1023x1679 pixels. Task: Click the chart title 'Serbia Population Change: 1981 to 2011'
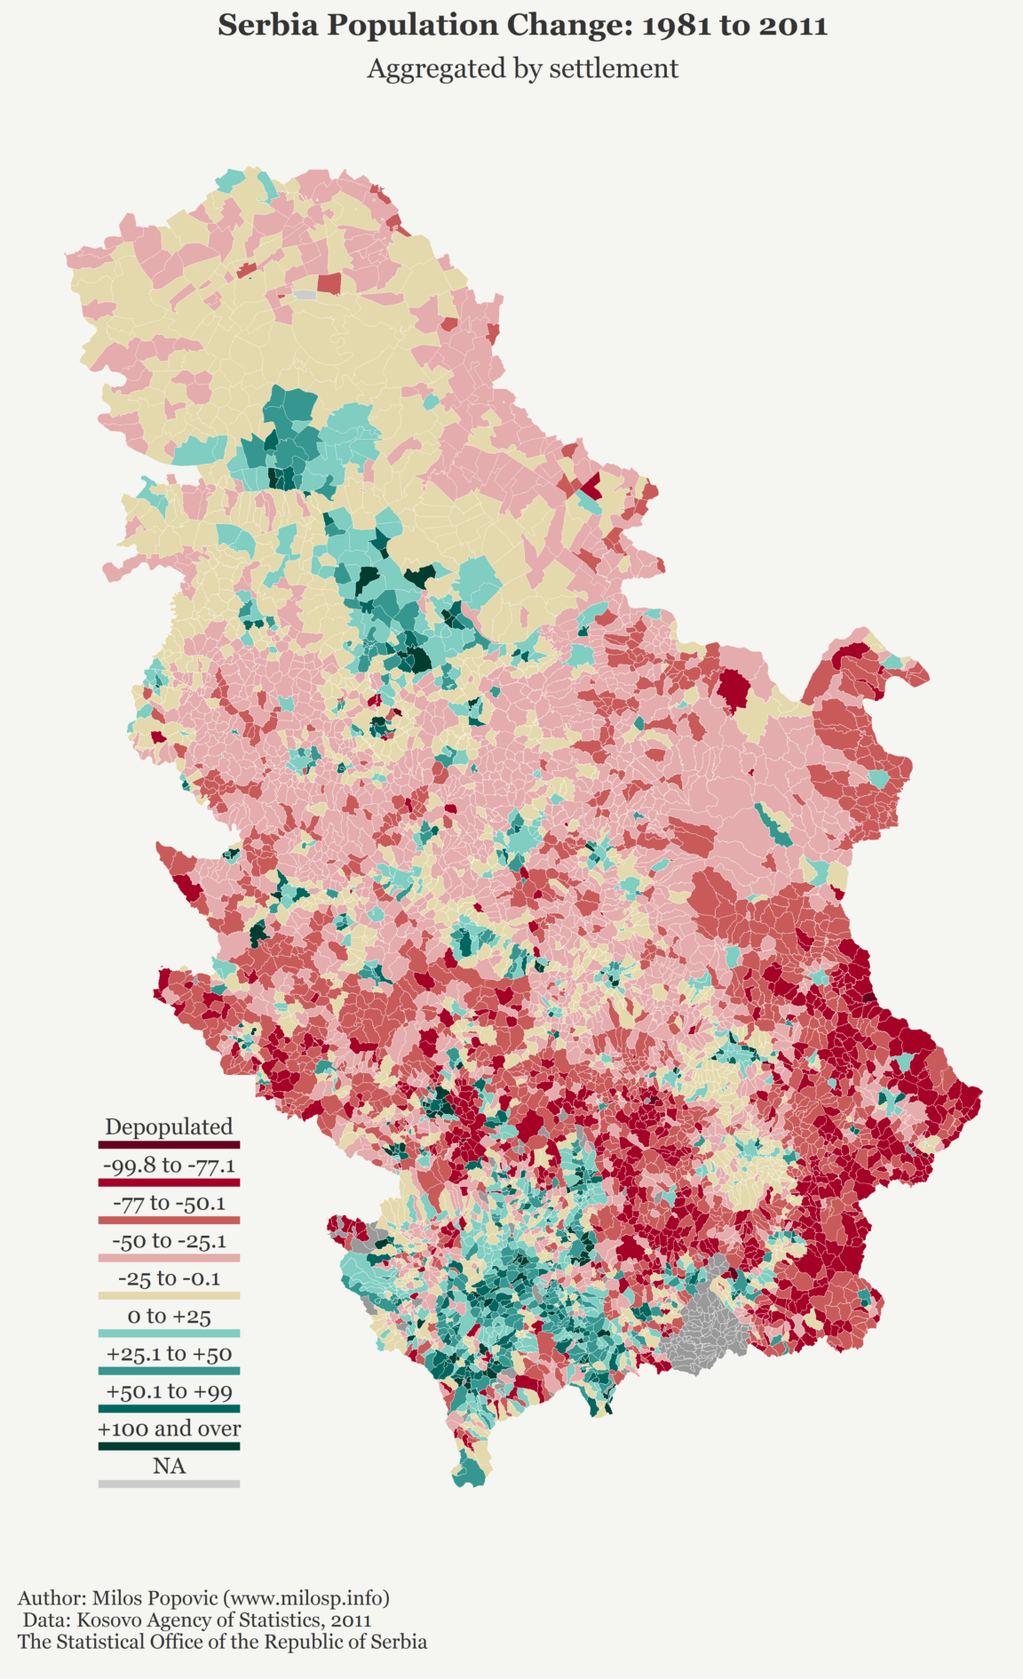pos(522,25)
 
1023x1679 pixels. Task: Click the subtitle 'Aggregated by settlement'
pos(522,68)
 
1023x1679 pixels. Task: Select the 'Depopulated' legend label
pos(169,1126)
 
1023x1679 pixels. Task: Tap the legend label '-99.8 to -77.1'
pos(169,1165)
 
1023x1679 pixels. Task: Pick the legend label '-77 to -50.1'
pos(169,1203)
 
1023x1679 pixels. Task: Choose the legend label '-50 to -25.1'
pos(169,1240)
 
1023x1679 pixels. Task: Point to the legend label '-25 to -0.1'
pos(169,1278)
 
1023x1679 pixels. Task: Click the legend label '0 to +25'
pos(169,1316)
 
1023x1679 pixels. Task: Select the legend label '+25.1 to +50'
pos(169,1354)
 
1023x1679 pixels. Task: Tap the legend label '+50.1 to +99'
pos(169,1391)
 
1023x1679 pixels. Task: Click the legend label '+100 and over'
pos(169,1428)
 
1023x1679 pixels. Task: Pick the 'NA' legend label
pos(169,1466)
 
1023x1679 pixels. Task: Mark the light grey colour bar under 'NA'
pos(169,1484)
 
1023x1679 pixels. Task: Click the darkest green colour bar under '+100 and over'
pos(169,1446)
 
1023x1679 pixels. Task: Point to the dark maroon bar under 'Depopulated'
pos(169,1145)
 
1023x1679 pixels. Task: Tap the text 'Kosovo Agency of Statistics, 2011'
pos(196,1619)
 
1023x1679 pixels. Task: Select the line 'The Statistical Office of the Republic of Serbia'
pos(222,1642)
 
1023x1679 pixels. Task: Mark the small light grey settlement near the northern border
pos(305,294)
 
